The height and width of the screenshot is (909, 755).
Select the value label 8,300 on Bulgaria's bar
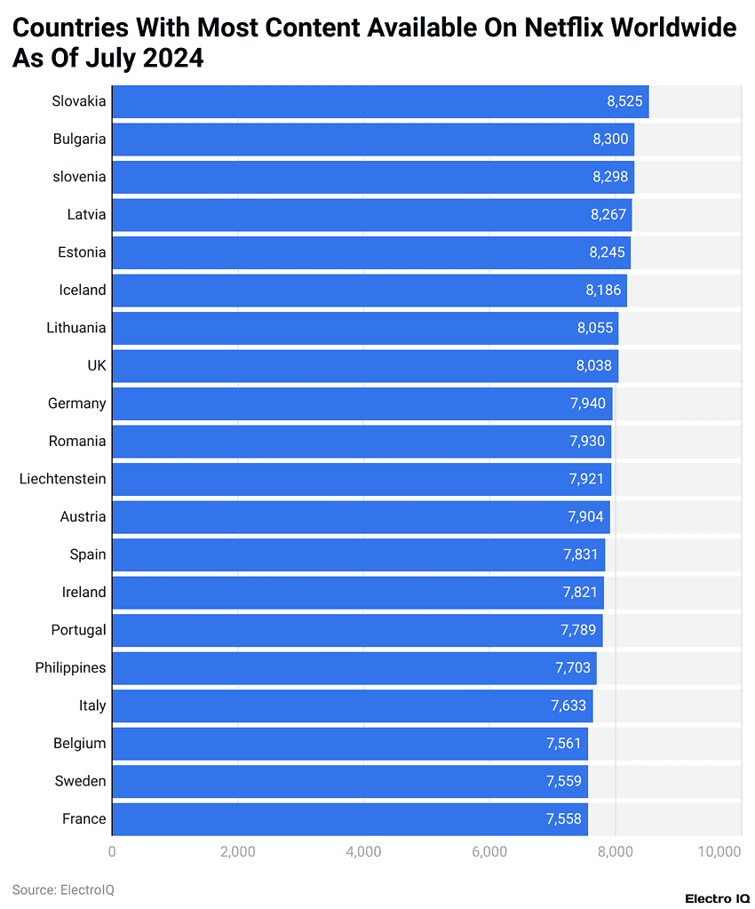pos(610,140)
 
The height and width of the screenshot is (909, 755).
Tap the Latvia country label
pos(86,214)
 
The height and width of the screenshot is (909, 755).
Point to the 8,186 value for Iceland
pos(603,291)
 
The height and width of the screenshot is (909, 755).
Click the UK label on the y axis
pos(96,365)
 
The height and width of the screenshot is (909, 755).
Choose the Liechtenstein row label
pos(62,479)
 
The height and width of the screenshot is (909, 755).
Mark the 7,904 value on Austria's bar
pos(586,517)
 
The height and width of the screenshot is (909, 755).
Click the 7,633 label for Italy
pos(568,706)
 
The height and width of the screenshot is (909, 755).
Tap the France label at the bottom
pos(83,819)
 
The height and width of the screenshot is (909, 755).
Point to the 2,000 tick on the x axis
pos(237,852)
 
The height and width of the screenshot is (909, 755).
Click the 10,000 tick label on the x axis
pos(719,852)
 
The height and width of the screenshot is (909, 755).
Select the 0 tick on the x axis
pos(112,852)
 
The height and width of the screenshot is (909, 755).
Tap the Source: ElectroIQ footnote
pos(63,889)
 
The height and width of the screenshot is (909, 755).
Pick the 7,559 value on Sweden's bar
pos(564,782)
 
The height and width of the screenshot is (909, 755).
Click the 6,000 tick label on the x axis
pos(489,852)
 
